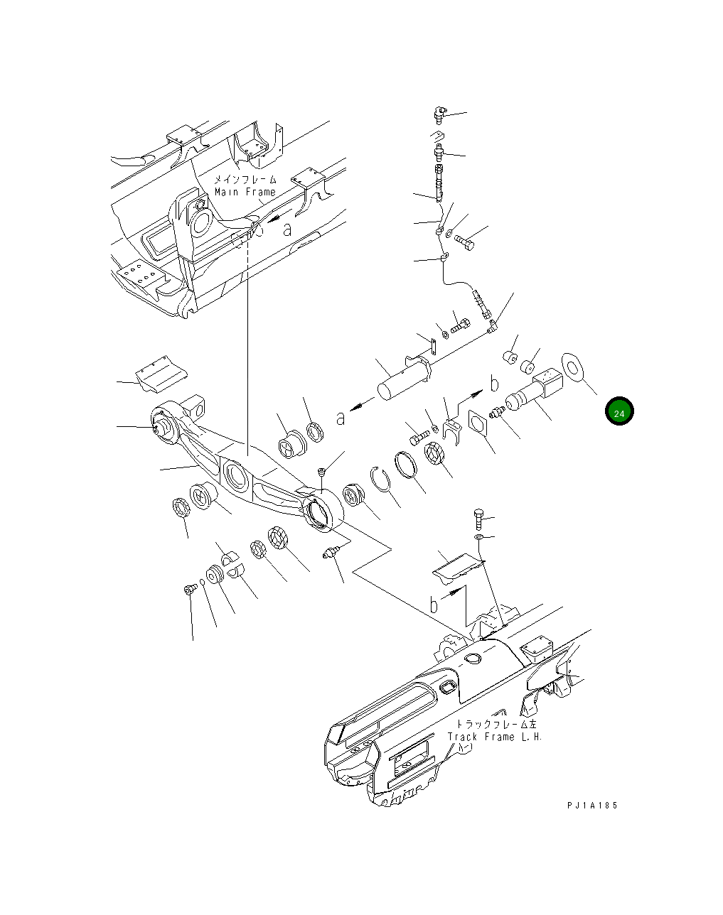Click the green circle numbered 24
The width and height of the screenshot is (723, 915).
click(619, 412)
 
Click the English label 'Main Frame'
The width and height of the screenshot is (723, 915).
click(245, 193)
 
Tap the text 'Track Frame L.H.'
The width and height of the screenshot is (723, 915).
click(495, 737)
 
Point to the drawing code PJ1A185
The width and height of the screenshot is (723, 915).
click(592, 805)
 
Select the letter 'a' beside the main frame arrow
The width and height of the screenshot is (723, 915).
click(287, 229)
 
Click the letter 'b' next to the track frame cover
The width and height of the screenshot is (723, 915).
click(434, 605)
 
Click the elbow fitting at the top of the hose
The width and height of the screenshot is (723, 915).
click(439, 113)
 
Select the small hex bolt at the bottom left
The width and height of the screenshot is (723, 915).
click(190, 589)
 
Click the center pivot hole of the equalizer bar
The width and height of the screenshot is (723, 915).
click(235, 478)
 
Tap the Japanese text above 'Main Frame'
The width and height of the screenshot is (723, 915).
click(245, 180)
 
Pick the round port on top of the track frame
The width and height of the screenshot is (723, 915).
click(472, 660)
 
